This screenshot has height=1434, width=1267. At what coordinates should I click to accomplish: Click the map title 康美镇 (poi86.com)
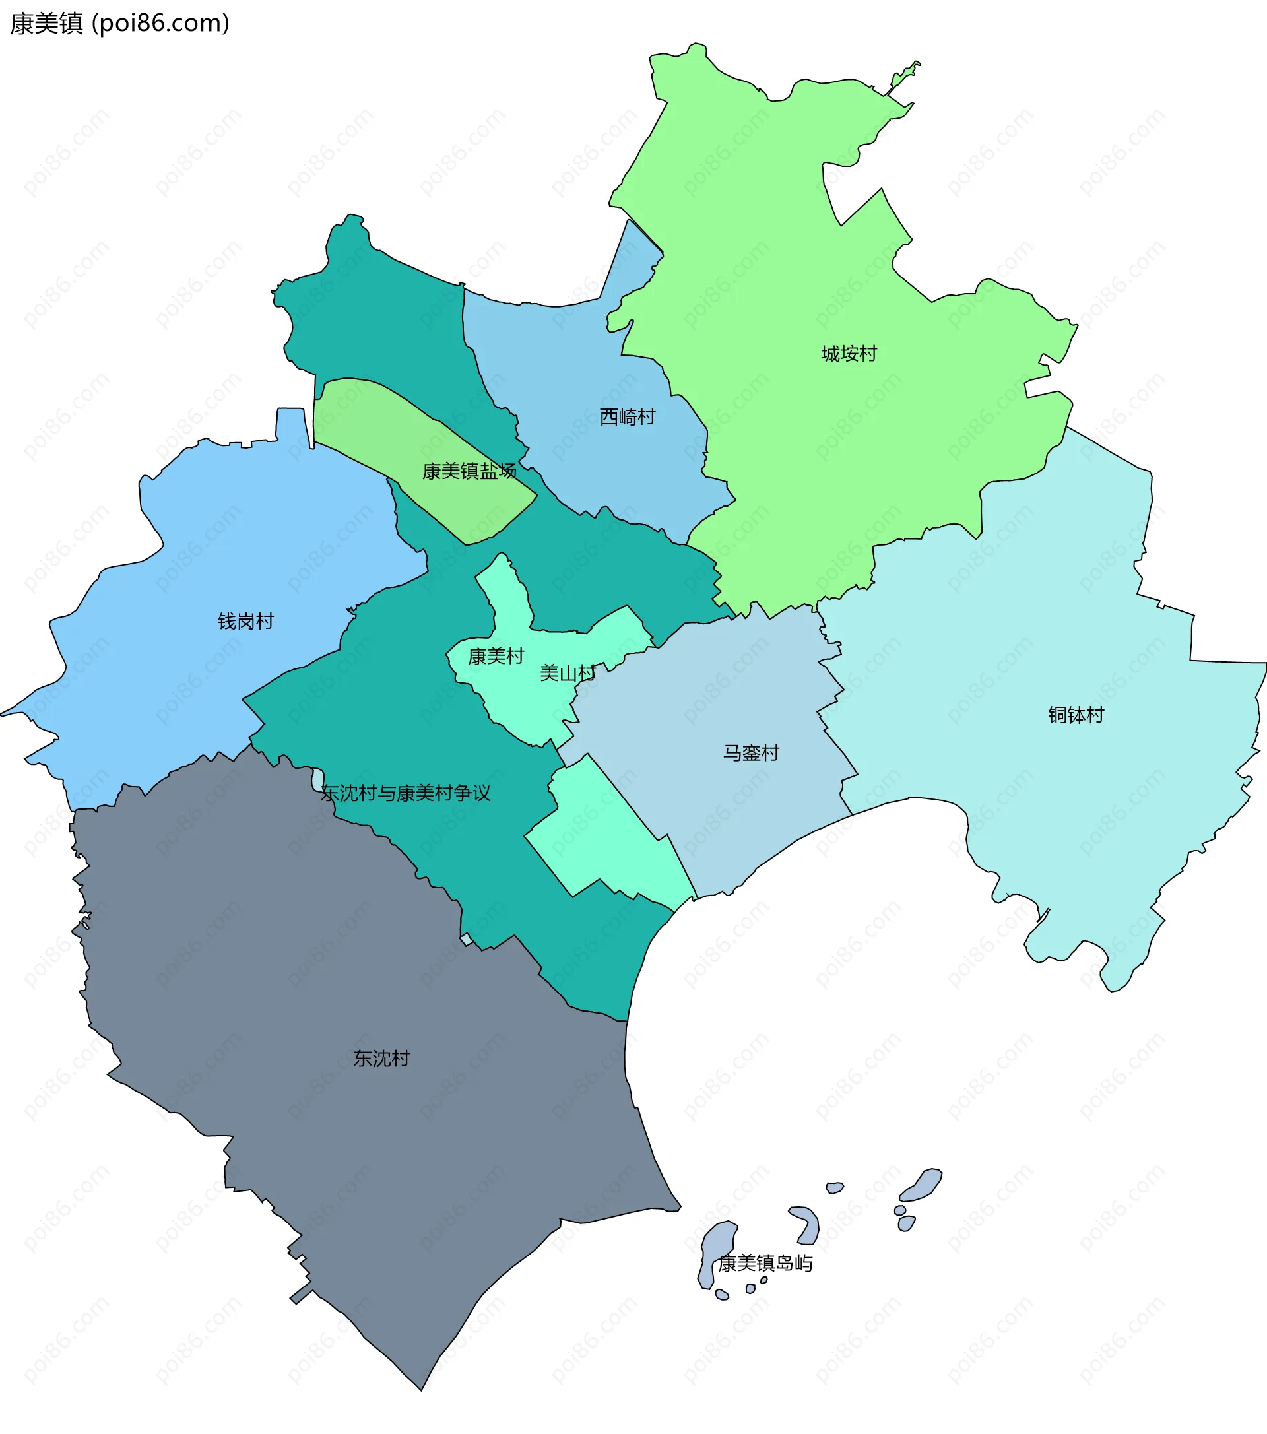119,24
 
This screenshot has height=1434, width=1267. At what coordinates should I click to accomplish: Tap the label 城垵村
849,354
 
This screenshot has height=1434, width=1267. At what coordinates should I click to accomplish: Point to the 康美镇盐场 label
469,471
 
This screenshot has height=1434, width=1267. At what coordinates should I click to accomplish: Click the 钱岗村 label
245,621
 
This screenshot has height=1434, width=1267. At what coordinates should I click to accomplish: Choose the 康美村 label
496,656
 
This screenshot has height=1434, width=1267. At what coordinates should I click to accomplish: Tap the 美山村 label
568,674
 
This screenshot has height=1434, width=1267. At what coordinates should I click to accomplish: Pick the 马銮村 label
752,753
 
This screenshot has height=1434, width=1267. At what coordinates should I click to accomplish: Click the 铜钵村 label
1076,715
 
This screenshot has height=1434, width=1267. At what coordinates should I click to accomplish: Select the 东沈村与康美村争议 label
405,793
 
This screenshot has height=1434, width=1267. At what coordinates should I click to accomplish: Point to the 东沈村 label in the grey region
381,1059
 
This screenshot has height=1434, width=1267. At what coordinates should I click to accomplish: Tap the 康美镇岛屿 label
765,1264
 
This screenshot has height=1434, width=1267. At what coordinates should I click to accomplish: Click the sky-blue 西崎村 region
561,351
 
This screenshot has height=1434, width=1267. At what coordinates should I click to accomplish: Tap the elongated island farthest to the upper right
922,1186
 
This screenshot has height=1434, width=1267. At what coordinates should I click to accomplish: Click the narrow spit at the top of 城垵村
903,77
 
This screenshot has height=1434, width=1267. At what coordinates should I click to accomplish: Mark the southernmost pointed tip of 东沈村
421,1388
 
